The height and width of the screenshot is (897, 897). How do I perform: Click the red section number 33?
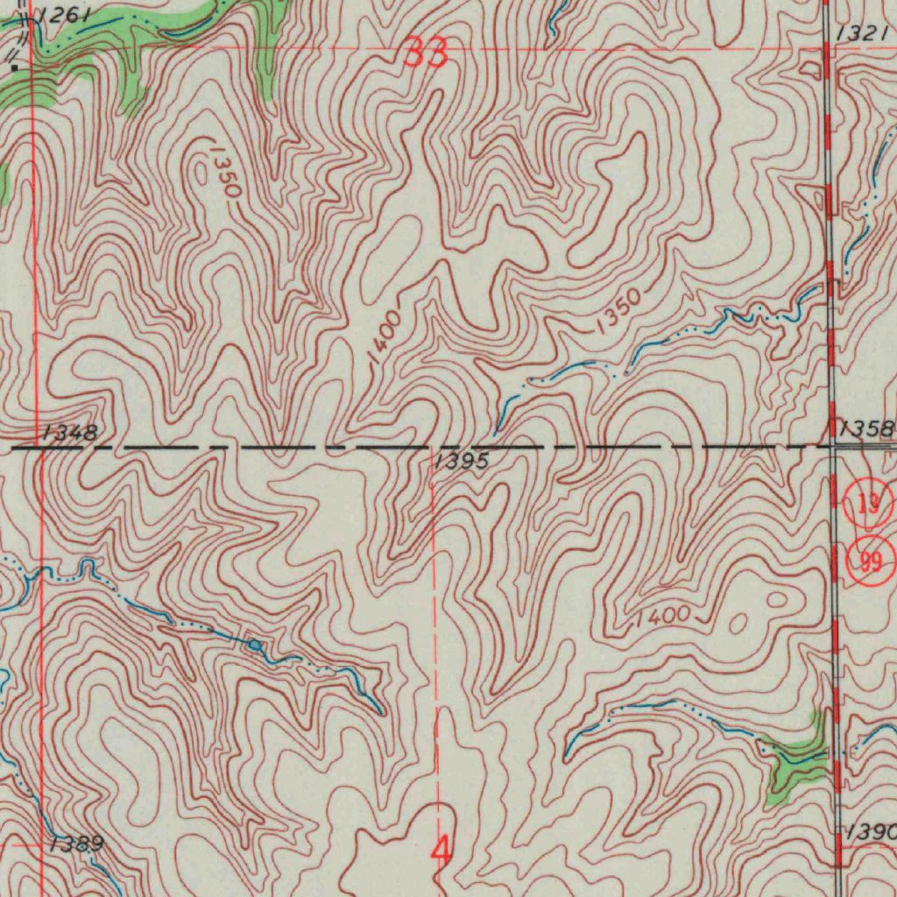pyautogui.click(x=427, y=54)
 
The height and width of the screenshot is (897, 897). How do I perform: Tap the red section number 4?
pyautogui.click(x=442, y=849)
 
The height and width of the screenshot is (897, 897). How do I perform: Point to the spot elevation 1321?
pyautogui.click(x=862, y=33)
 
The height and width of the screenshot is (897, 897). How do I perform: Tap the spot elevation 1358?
pyautogui.click(x=865, y=428)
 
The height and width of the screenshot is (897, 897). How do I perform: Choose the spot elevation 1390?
pyautogui.click(x=870, y=830)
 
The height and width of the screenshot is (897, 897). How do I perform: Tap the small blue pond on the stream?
pyautogui.click(x=254, y=646)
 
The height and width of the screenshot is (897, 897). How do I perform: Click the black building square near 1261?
pyautogui.click(x=14, y=67)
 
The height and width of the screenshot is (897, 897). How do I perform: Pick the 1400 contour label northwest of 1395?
pyautogui.click(x=385, y=336)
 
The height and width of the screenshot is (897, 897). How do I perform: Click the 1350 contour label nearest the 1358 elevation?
pyautogui.click(x=617, y=312)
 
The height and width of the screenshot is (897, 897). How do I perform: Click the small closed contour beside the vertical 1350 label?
pyautogui.click(x=202, y=175)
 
